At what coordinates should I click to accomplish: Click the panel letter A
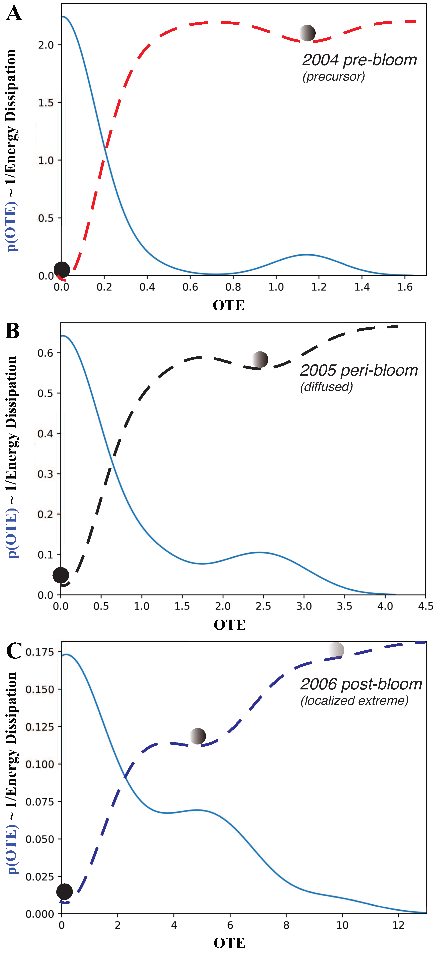[x=14, y=14]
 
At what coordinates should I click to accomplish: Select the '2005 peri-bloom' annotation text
[x=359, y=370]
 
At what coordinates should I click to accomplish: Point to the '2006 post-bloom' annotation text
[x=361, y=684]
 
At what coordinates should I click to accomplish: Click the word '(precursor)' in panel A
[x=333, y=77]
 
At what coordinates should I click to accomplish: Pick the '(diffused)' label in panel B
[x=326, y=387]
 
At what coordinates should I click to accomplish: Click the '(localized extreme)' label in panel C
[x=354, y=701]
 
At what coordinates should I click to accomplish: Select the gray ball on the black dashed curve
[x=260, y=359]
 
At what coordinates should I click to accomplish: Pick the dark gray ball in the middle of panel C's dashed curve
[x=198, y=736]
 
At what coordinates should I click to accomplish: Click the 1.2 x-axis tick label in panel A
[x=319, y=287]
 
